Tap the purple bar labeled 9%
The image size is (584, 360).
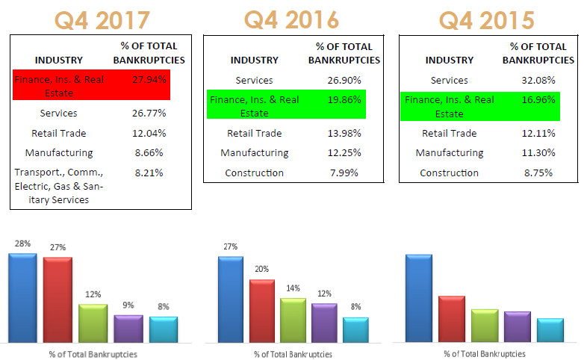[x=128, y=328]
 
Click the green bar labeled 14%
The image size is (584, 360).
[x=293, y=320]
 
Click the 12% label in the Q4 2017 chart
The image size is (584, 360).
[x=93, y=294]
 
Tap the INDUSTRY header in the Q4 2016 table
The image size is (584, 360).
[x=253, y=60]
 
